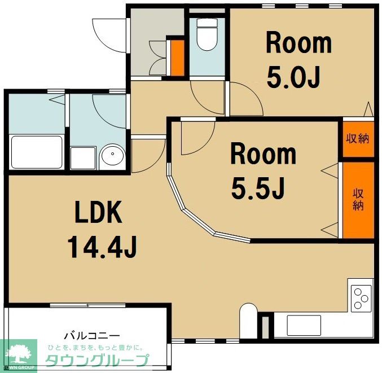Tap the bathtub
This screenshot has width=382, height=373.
(37, 152)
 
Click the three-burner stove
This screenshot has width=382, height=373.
(361, 299)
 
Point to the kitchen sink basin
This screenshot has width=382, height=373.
(304, 326)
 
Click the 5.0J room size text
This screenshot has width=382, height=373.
(293, 78)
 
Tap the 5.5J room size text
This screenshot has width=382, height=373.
(258, 187)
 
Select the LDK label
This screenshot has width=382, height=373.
(98, 212)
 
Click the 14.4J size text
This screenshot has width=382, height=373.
(102, 247)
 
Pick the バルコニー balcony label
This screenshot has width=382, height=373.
(92, 336)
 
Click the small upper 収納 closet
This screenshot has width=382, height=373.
(358, 139)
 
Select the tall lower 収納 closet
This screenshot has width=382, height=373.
(358, 200)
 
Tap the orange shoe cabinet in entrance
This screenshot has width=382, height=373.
(177, 58)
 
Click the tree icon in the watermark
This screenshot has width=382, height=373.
(20, 354)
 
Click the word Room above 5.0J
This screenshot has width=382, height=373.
(299, 44)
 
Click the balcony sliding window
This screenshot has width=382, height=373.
(87, 305)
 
